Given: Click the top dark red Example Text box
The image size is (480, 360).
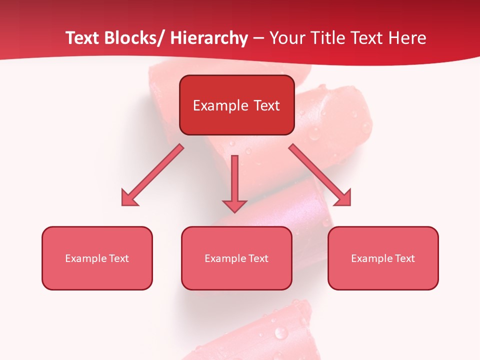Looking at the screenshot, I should click(236, 105).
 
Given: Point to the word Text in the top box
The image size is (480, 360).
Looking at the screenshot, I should click(266, 105).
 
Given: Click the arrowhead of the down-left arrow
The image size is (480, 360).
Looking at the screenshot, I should click(129, 198).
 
